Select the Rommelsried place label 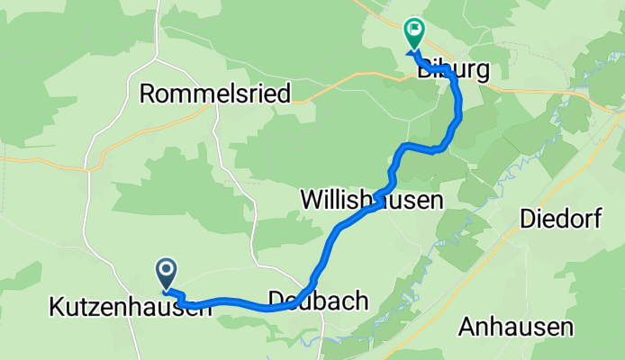(x=215, y=93)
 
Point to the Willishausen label (x=371, y=198)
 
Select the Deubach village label (x=319, y=301)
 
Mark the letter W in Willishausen (x=309, y=198)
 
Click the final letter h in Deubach (x=362, y=301)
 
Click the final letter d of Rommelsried (x=284, y=93)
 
